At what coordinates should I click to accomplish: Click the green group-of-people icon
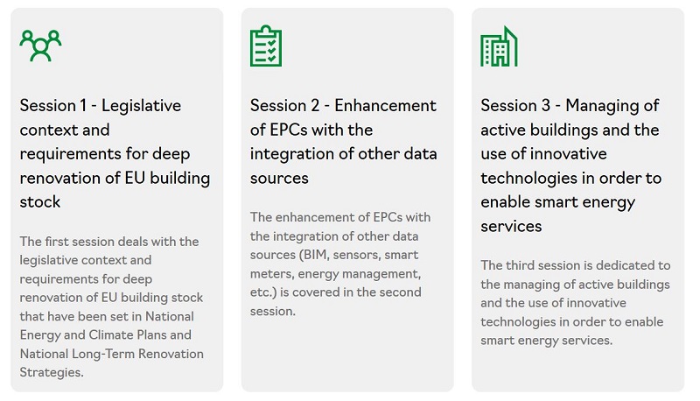click(x=40, y=46)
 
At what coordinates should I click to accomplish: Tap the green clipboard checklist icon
click(x=266, y=46)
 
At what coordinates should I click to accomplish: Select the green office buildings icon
click(x=499, y=46)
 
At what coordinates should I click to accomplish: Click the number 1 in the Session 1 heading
click(x=83, y=106)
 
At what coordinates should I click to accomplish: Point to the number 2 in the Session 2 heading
click(x=315, y=106)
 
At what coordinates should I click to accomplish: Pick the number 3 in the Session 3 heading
click(x=545, y=106)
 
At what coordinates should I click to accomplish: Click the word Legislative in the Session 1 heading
click(x=141, y=106)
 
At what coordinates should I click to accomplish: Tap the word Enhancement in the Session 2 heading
click(x=385, y=106)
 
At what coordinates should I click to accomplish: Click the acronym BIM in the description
click(x=313, y=255)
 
